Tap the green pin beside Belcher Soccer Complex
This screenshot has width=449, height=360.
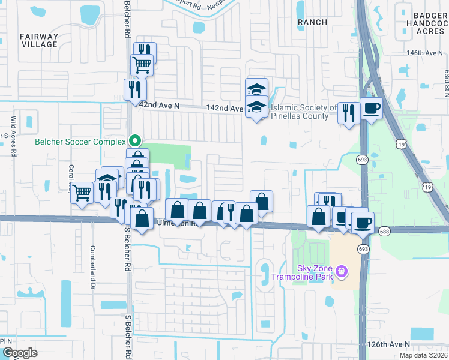(136, 142)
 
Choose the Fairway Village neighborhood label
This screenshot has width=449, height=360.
(39, 40)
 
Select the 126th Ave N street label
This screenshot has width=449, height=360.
(389, 344)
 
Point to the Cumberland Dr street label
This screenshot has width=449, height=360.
(93, 264)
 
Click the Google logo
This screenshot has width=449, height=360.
(20, 353)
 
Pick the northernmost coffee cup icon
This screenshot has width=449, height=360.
(371, 109)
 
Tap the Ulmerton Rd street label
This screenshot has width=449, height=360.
(173, 223)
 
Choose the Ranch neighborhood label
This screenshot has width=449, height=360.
(313, 22)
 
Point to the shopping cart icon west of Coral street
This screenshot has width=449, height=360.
(82, 193)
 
